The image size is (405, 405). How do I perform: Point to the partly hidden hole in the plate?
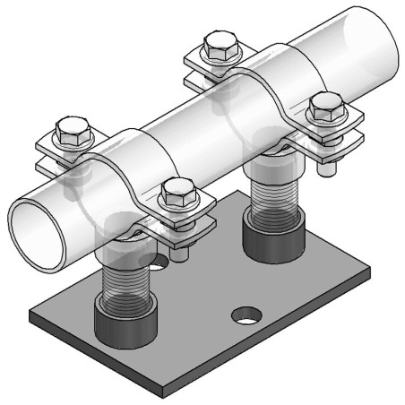pos(159,263)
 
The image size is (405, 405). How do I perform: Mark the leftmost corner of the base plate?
pos(30,315)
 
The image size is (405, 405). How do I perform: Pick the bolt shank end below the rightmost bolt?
pos(331,166)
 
